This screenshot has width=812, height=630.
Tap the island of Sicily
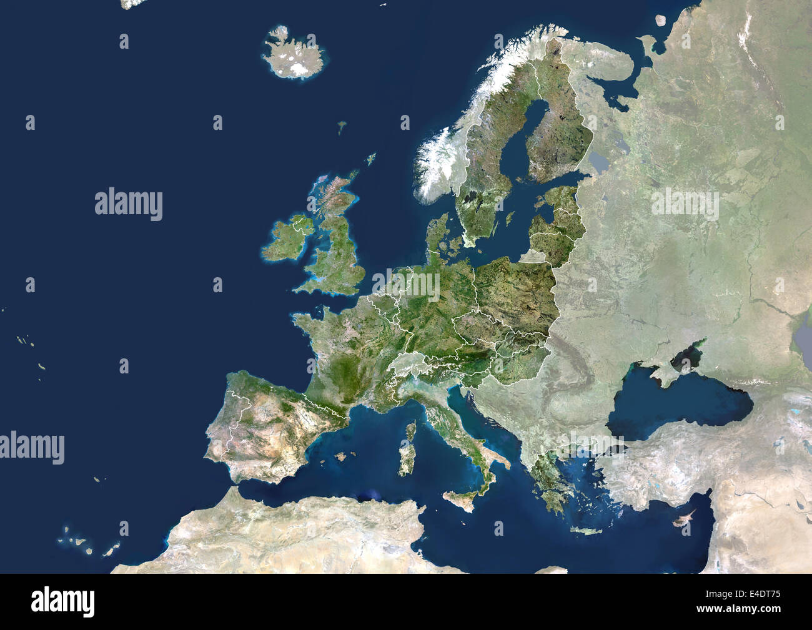tap(459, 500)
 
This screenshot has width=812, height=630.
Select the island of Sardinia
tap(405, 460)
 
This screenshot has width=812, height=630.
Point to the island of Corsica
tap(411, 431)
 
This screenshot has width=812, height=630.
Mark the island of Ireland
tap(284, 240)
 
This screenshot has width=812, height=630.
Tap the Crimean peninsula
tap(662, 372)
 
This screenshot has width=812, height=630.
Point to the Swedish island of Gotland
tap(510, 219)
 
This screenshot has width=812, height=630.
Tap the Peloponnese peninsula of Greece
tap(550, 500)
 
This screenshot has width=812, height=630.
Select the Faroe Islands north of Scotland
tap(342, 127)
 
